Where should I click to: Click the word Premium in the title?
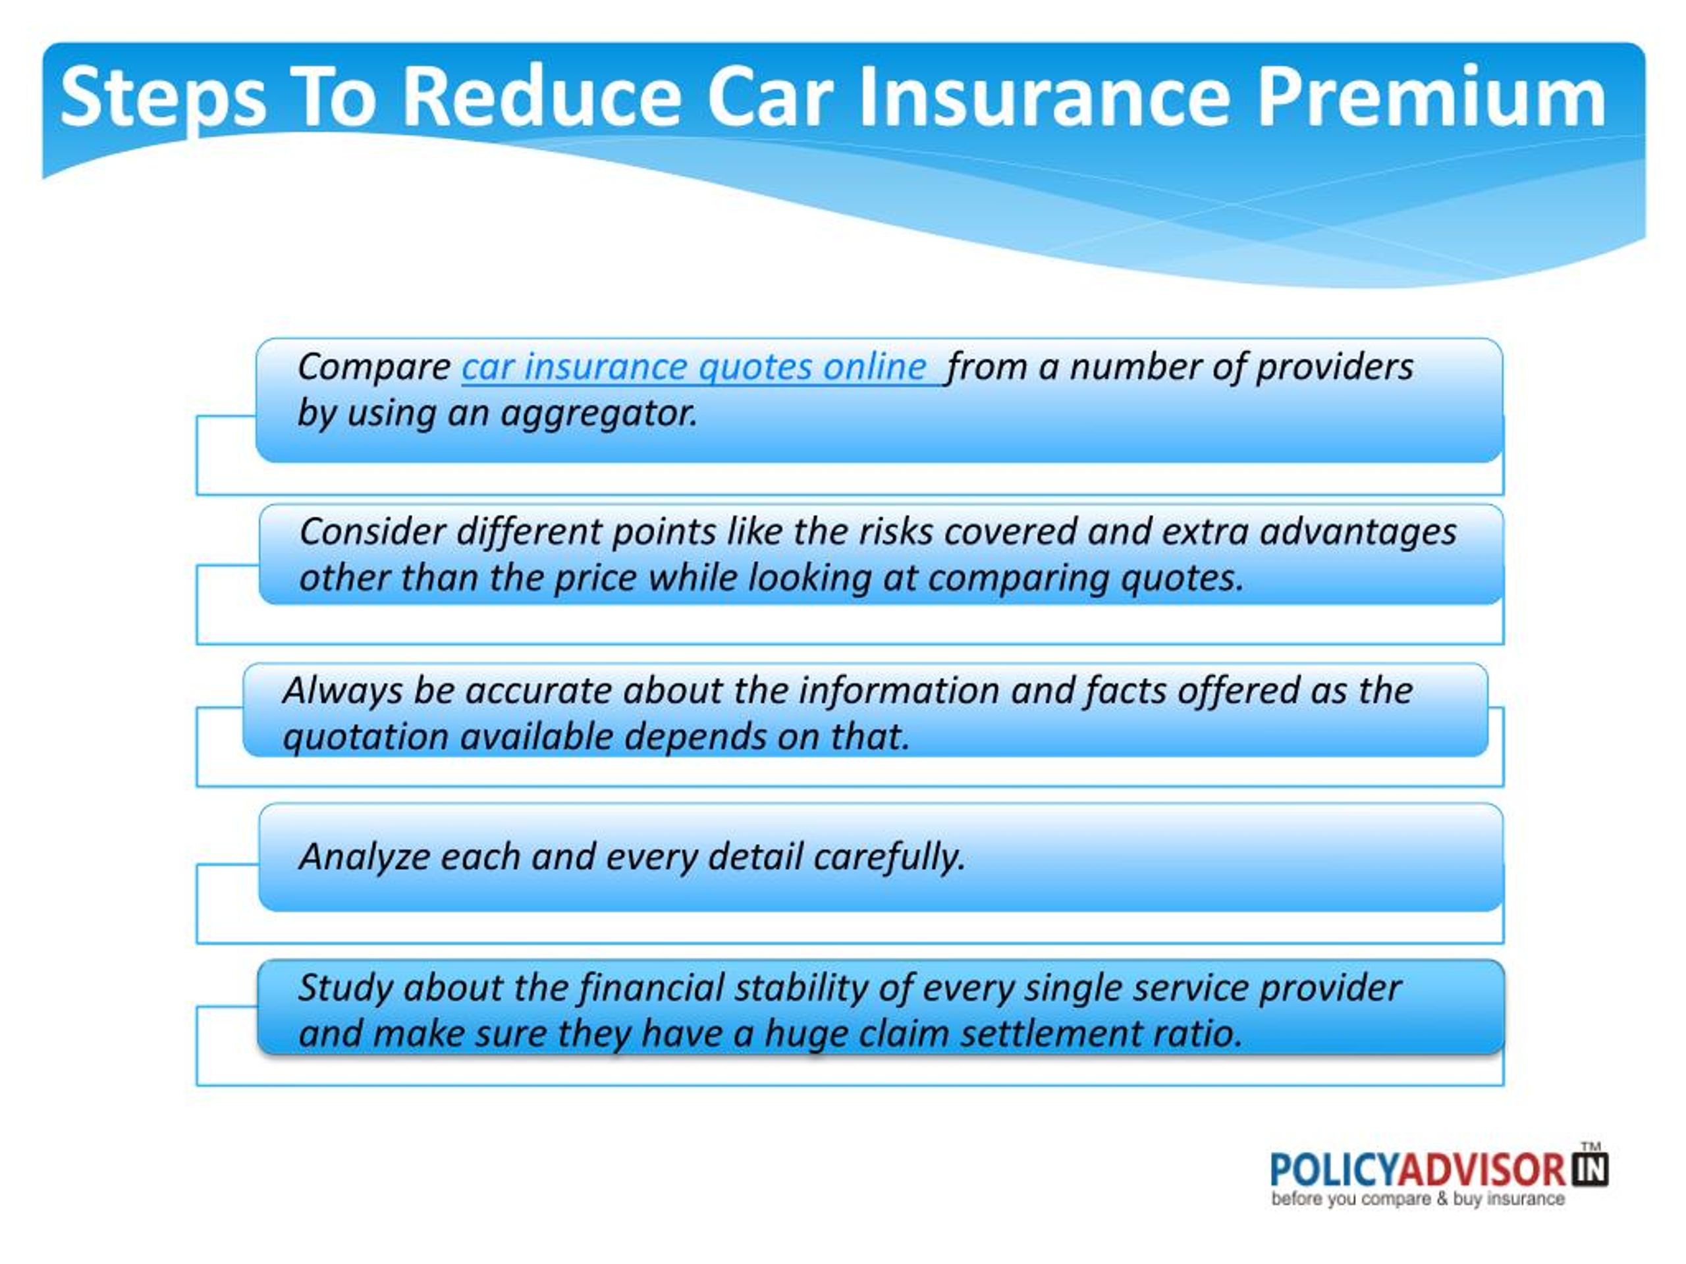(x=1431, y=97)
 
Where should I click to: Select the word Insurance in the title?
(x=1043, y=97)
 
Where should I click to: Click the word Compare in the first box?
(x=374, y=368)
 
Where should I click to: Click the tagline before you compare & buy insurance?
(x=1418, y=1199)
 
